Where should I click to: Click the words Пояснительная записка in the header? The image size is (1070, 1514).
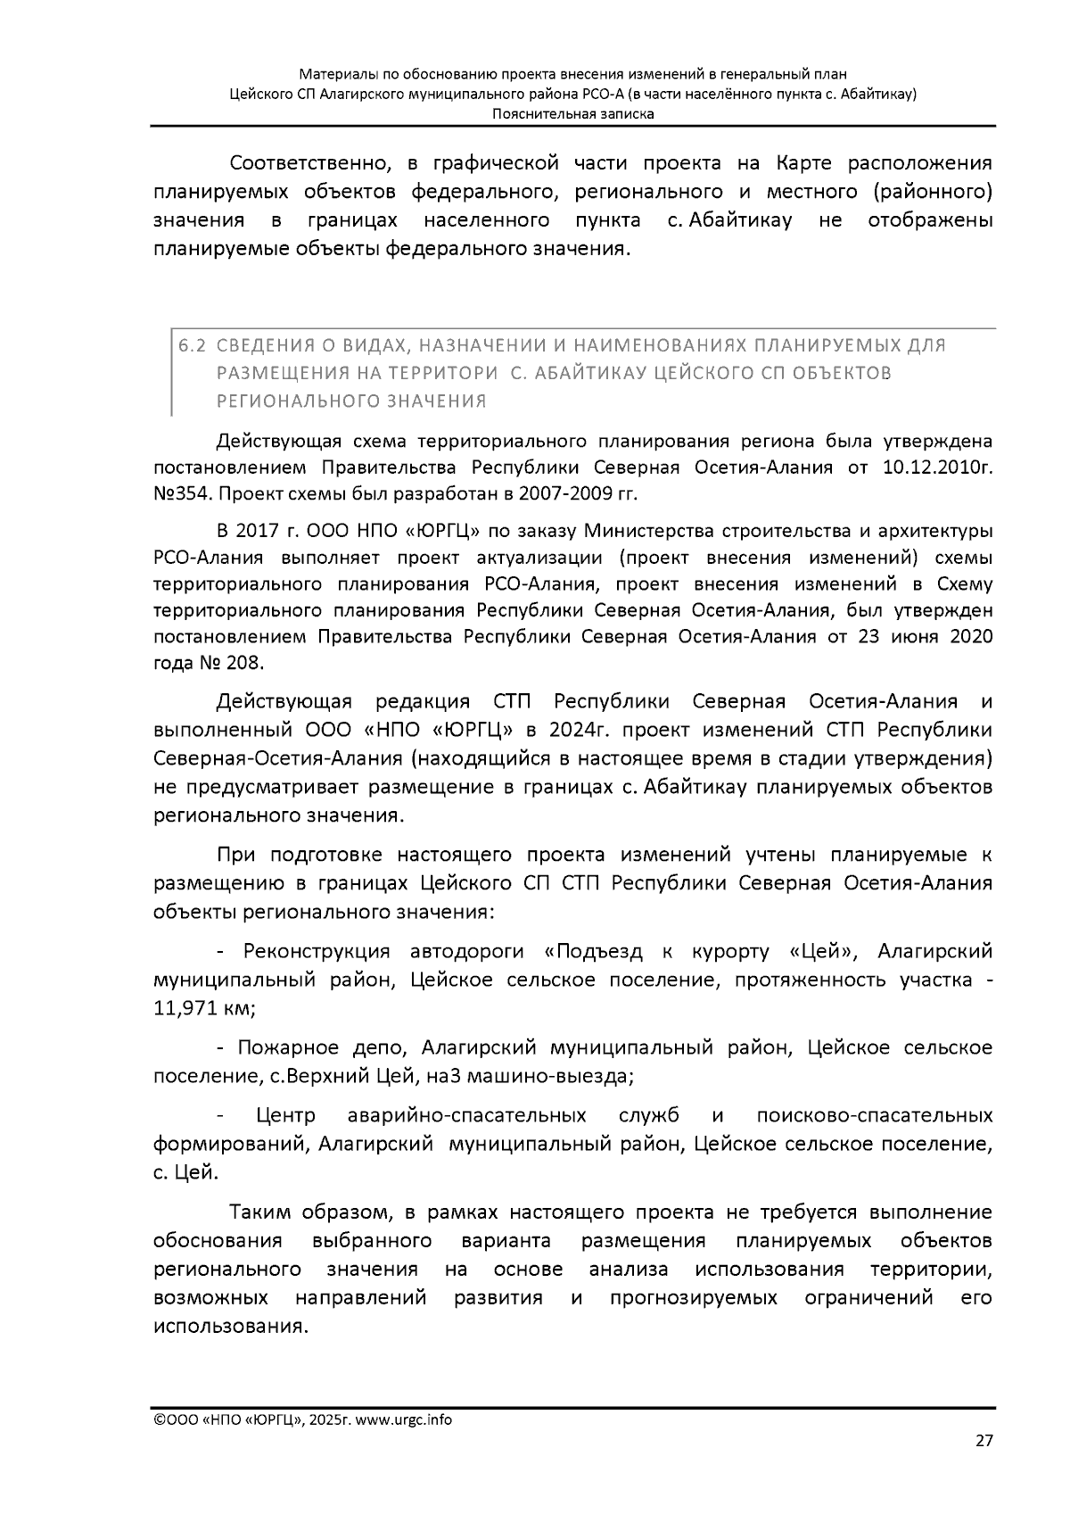pyautogui.click(x=573, y=113)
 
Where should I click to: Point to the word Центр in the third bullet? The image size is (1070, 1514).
pyautogui.click(x=285, y=1116)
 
